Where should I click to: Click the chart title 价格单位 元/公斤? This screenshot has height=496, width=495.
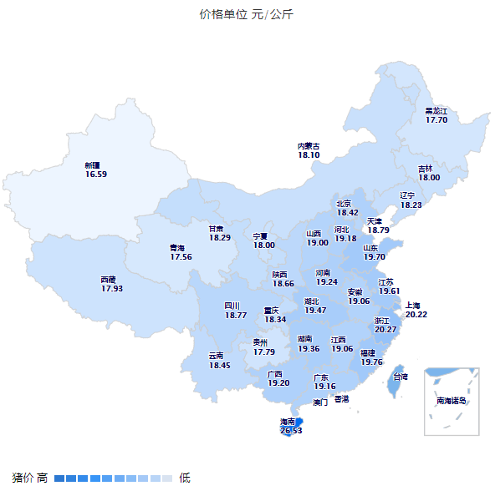(247, 14)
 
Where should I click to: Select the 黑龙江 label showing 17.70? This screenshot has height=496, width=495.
(436, 115)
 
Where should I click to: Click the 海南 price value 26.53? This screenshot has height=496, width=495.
(291, 431)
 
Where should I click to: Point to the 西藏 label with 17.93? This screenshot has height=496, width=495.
(111, 284)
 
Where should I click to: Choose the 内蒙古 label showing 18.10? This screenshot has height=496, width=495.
(309, 150)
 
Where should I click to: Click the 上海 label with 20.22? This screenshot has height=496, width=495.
(416, 310)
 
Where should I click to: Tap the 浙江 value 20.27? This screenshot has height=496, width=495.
(385, 330)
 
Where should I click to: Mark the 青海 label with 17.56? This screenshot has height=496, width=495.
(181, 252)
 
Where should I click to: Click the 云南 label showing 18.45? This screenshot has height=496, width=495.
(219, 361)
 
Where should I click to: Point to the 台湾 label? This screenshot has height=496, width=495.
(401, 377)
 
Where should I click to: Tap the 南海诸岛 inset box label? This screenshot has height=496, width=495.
(451, 401)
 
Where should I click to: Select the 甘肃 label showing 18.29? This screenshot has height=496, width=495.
(220, 233)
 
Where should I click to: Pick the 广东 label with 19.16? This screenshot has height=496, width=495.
(324, 382)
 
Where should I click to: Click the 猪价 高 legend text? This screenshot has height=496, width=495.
(29, 478)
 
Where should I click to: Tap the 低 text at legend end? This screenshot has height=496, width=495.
(185, 478)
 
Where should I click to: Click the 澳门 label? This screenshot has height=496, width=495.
(320, 402)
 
